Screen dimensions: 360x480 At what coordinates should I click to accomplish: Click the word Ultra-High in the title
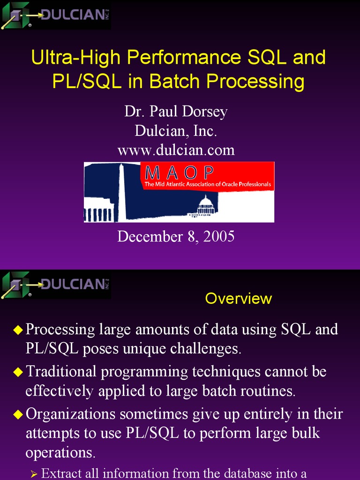[x=75, y=57]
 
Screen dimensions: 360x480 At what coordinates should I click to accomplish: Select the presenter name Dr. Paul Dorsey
[x=176, y=112]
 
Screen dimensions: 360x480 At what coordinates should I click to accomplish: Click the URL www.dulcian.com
[x=176, y=150]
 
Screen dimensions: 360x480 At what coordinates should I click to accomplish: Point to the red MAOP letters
[x=179, y=172]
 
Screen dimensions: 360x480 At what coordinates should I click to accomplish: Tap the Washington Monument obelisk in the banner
[x=122, y=192]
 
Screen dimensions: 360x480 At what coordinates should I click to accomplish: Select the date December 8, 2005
[x=176, y=237]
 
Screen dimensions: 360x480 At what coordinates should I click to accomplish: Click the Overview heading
[x=238, y=299]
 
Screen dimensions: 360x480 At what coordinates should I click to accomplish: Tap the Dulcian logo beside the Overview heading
[x=56, y=285]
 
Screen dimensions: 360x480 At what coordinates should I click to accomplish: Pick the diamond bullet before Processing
[x=18, y=330]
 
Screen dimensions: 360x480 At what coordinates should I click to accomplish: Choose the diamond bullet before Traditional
[x=18, y=372]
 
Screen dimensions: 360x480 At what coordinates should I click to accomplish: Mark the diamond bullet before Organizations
[x=18, y=414]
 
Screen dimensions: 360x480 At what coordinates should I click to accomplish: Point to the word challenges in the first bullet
[x=206, y=349]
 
